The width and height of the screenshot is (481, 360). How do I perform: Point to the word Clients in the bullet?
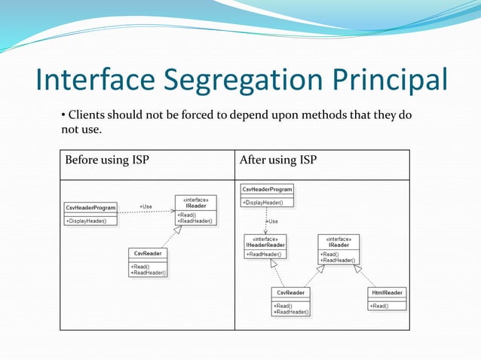coord(87,115)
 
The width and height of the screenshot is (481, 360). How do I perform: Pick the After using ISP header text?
coord(277,160)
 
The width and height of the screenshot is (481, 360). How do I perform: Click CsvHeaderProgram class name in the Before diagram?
coord(90,208)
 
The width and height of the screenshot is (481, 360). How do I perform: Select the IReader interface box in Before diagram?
coord(196,210)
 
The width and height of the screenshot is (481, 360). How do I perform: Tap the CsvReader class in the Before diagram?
coord(148,254)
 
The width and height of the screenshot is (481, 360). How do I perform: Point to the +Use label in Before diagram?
coord(146,206)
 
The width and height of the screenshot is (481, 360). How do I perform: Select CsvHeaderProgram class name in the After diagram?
coord(267,189)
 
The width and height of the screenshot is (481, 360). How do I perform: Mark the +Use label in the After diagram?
coord(272,221)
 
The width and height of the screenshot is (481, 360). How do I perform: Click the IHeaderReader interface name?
coord(265,245)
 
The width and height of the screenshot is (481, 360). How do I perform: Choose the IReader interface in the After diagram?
coord(339,245)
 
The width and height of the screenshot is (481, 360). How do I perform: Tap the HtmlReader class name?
coord(388,293)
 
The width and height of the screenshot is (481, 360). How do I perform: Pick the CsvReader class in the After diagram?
coord(291,293)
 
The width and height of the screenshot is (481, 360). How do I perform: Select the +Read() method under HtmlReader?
coord(379,306)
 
